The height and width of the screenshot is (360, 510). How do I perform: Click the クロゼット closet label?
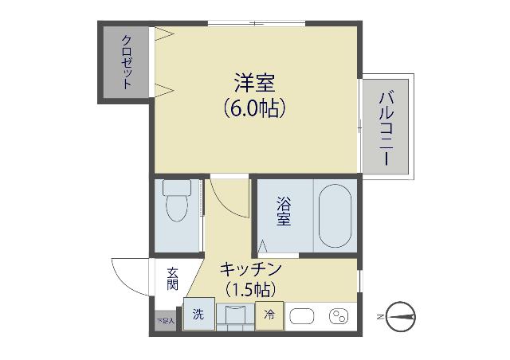click(127, 61)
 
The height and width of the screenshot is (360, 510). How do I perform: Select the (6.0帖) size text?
click(254, 108)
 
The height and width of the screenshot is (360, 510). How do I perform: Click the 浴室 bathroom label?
click(284, 212)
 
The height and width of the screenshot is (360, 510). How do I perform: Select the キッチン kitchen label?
click(249, 270)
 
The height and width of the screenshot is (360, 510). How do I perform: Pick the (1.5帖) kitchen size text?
click(249, 290)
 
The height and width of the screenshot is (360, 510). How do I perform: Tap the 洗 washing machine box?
click(198, 315)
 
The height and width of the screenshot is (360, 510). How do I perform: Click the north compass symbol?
click(402, 315)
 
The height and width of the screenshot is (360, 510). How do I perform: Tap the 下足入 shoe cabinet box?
click(165, 320)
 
